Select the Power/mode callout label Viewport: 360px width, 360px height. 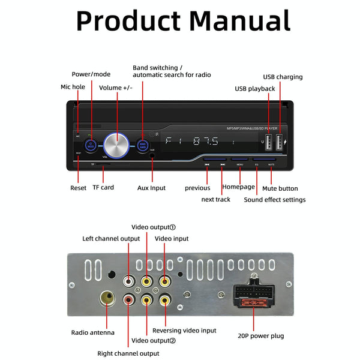click(91, 74)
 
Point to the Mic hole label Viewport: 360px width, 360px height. click(73, 87)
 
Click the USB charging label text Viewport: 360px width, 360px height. click(283, 77)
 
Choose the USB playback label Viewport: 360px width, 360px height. click(254, 89)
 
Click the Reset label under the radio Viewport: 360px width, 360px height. click(78, 188)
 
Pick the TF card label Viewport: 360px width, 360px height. click(103, 188)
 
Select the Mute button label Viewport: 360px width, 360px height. click(280, 188)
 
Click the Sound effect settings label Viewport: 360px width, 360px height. click(274, 200)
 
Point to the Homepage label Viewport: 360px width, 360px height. click(239, 187)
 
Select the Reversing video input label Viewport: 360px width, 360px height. click(184, 331)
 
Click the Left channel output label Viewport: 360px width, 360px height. click(111, 239)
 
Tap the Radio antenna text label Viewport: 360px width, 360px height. click(92, 332)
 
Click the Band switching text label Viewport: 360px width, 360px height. click(157, 68)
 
